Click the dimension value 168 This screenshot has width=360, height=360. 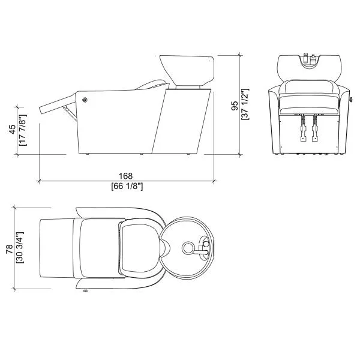pyautogui.click(x=125, y=176)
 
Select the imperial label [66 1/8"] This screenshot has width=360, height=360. pyautogui.click(x=127, y=186)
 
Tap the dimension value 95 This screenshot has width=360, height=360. pyautogui.click(x=235, y=106)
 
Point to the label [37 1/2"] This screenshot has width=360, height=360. pyautogui.click(x=245, y=104)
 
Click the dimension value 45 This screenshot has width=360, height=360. pyautogui.click(x=13, y=129)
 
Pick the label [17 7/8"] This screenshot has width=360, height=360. pyautogui.click(x=23, y=130)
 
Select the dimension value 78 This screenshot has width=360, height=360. pyautogui.click(x=10, y=249)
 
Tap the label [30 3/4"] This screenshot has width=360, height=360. pyautogui.click(x=20, y=247)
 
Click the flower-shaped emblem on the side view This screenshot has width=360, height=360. pyautogui.click(x=85, y=100)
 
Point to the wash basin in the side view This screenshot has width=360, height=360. pyautogui.click(x=187, y=70)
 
